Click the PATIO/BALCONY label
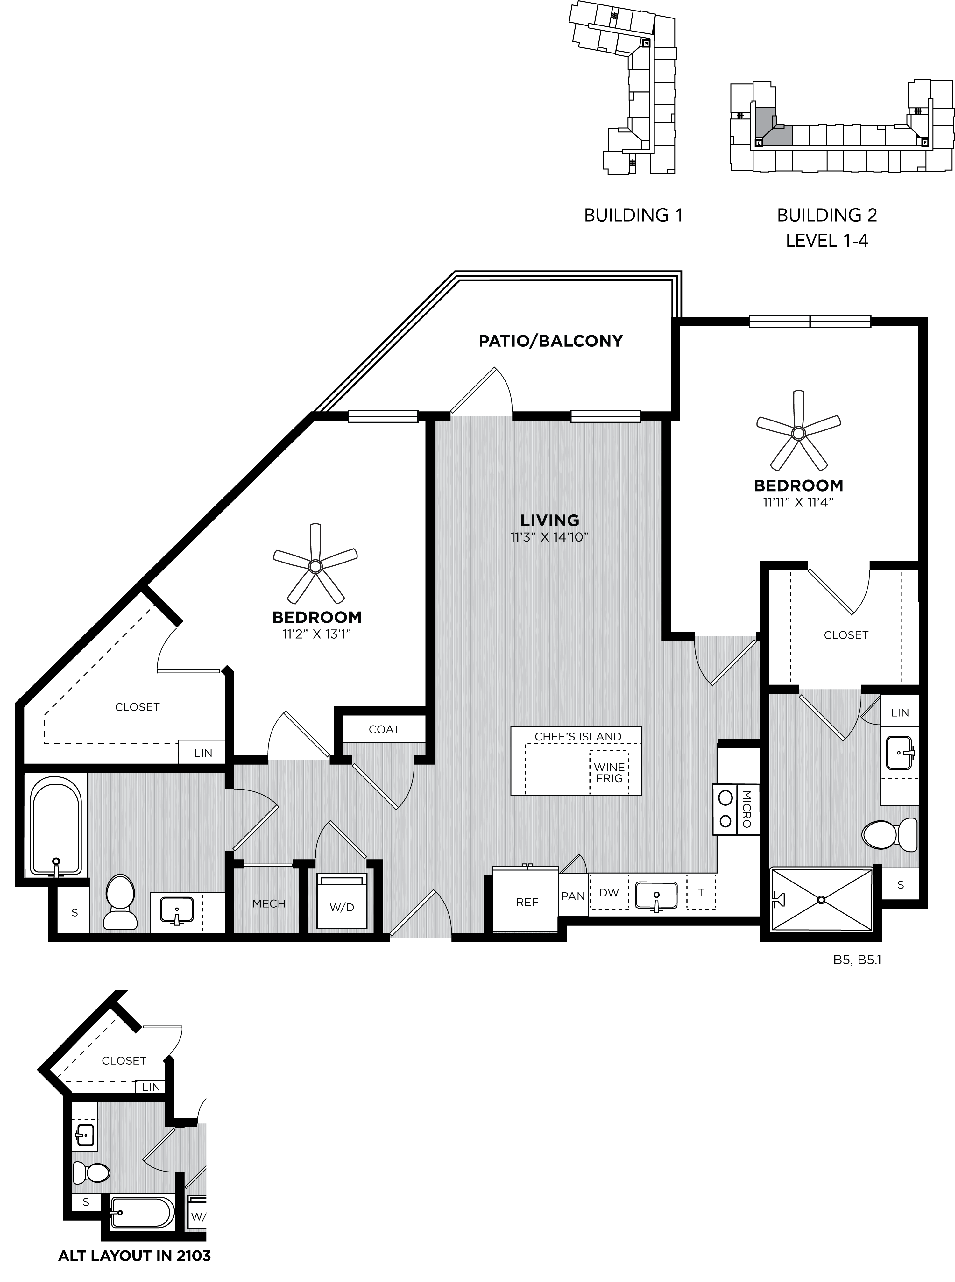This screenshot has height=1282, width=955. pos(550,341)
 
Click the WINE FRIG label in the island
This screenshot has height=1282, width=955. pos(609,773)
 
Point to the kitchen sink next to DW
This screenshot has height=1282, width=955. pos(656,896)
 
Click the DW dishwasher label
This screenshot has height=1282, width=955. pos(609,892)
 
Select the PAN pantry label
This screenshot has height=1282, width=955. pos(573,896)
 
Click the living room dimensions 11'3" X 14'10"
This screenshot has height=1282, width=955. pos(549,537)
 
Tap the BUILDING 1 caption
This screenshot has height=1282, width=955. pos(633,215)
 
